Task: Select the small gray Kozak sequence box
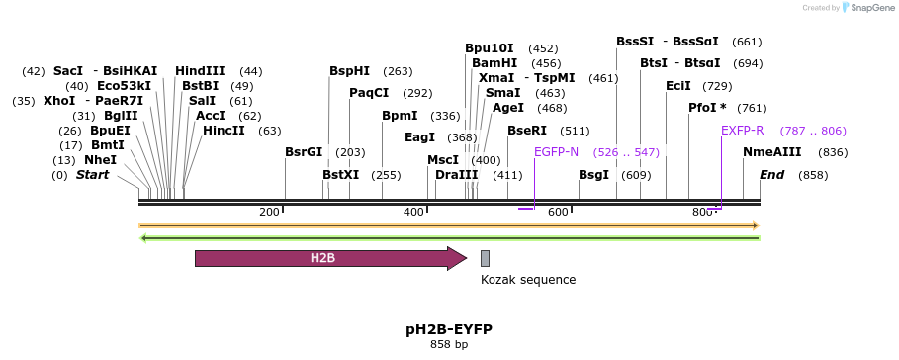click(485, 258)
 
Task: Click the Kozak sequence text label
click(528, 280)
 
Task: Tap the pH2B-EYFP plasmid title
click(448, 329)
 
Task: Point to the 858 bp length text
click(448, 345)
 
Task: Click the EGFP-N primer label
click(556, 152)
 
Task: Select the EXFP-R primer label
click(742, 131)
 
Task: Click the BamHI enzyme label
click(494, 63)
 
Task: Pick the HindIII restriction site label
click(200, 71)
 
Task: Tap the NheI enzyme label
click(100, 160)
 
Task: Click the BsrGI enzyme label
click(304, 152)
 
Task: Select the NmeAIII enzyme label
click(771, 152)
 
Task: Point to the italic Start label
click(93, 175)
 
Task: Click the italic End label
click(771, 175)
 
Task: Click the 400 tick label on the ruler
click(413, 212)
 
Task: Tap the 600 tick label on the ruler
click(558, 212)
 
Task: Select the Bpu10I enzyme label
click(490, 48)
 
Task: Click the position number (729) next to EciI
click(717, 86)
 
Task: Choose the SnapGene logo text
click(867, 8)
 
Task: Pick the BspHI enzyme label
click(349, 71)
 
